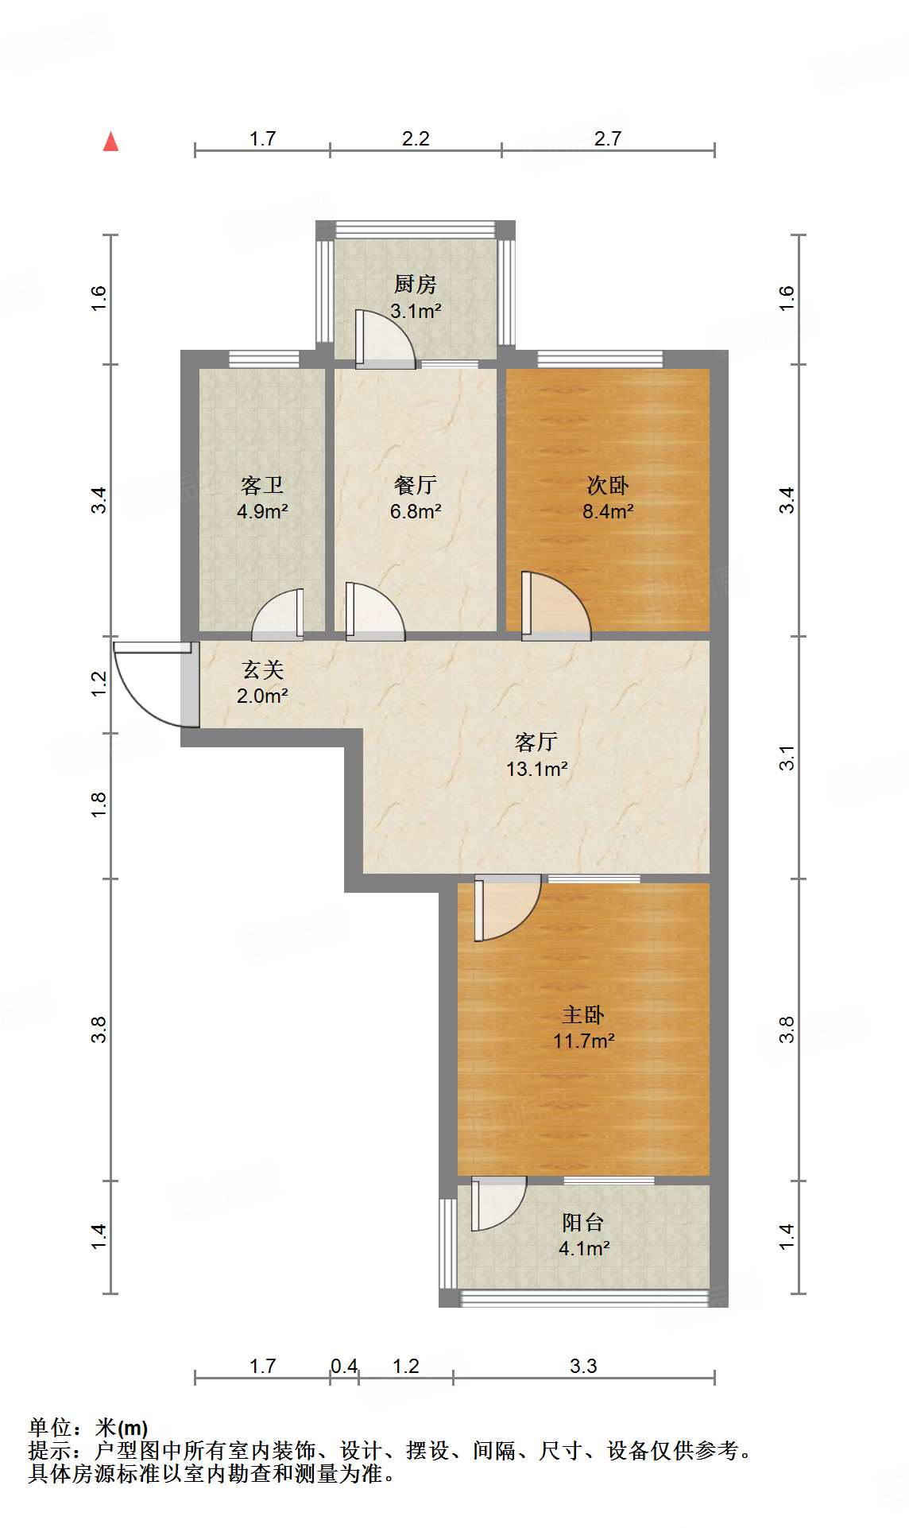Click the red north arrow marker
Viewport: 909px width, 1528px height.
(x=111, y=142)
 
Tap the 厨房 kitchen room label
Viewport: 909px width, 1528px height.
(x=415, y=284)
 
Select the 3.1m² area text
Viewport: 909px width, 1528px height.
(x=415, y=311)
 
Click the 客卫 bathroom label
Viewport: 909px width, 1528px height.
(x=262, y=484)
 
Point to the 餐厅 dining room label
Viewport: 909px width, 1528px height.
(x=415, y=484)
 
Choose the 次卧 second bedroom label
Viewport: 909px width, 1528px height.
(x=608, y=484)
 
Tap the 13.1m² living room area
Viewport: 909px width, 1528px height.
(x=536, y=769)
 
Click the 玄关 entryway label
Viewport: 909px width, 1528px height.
(x=262, y=669)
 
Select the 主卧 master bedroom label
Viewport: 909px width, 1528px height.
(x=584, y=1014)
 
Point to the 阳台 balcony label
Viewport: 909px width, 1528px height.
(x=584, y=1222)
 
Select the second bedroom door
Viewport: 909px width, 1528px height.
(x=556, y=608)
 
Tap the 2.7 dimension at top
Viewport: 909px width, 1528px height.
(x=608, y=138)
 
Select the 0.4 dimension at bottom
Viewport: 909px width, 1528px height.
(x=344, y=1366)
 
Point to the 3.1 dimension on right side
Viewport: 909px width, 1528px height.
(x=787, y=758)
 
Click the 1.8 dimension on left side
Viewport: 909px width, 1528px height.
(x=99, y=805)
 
